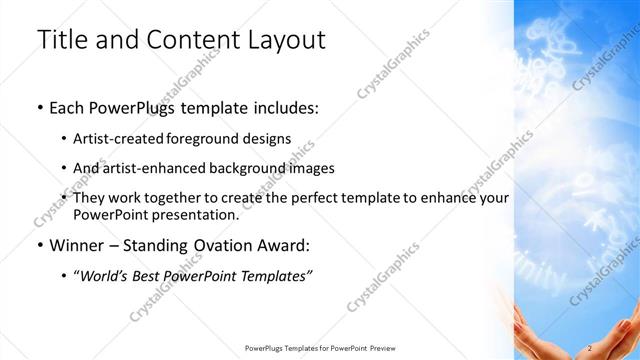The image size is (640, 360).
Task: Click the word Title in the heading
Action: (61, 41)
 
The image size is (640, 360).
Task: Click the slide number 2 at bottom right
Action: (591, 347)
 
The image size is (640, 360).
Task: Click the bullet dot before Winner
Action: (39, 244)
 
